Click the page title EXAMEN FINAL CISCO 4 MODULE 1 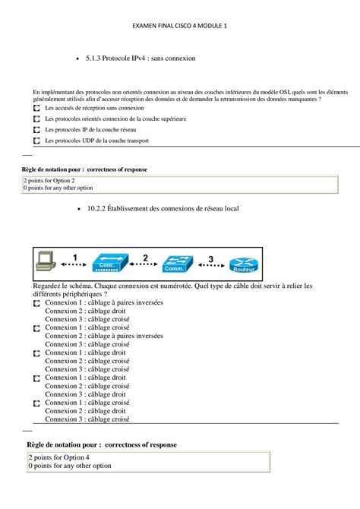pyautogui.click(x=180, y=25)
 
